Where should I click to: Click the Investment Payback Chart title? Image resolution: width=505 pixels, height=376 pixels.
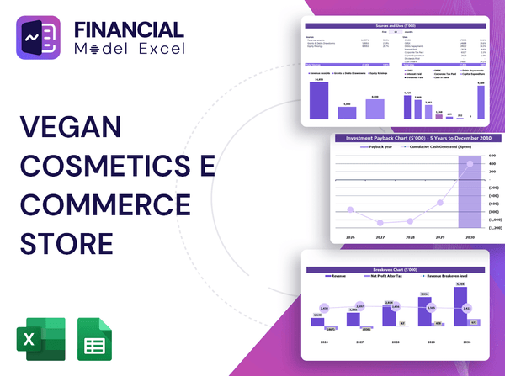pyautogui.click(x=413, y=137)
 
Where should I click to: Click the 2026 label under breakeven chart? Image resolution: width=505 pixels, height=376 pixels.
pyautogui.click(x=317, y=342)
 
